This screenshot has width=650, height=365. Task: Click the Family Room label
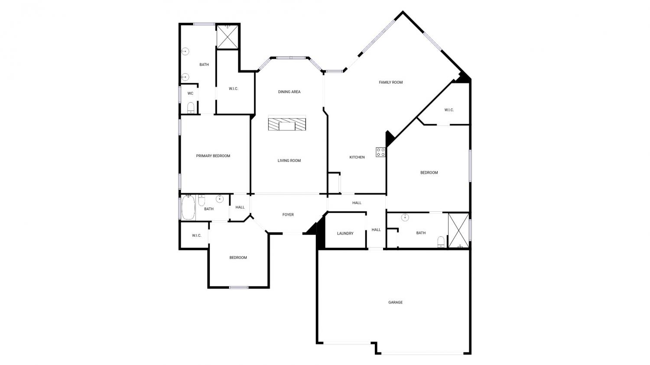[390, 82]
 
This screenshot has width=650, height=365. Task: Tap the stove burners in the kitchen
[381, 152]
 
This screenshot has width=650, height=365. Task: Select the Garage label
[395, 302]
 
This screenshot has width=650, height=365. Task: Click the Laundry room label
[345, 233]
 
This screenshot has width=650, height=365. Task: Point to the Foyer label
[288, 215]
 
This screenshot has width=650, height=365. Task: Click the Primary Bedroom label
[213, 156]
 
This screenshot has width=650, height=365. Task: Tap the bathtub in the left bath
[188, 207]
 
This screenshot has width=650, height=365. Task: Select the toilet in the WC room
[191, 107]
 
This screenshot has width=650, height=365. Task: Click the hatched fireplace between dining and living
[287, 124]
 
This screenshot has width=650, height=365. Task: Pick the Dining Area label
[289, 92]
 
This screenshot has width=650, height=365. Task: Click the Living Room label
[289, 161]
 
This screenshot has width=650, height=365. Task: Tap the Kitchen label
[357, 157]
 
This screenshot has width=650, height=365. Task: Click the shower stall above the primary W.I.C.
[227, 37]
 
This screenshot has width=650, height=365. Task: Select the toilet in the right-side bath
[441, 242]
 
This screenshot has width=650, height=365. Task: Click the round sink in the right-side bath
[405, 217]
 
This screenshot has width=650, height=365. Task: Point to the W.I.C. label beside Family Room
[449, 110]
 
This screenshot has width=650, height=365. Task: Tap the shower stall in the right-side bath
[458, 231]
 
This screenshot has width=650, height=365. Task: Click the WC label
[190, 94]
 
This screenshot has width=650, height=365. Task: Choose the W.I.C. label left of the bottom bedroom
[196, 236]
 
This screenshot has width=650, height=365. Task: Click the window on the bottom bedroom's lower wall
[239, 287]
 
